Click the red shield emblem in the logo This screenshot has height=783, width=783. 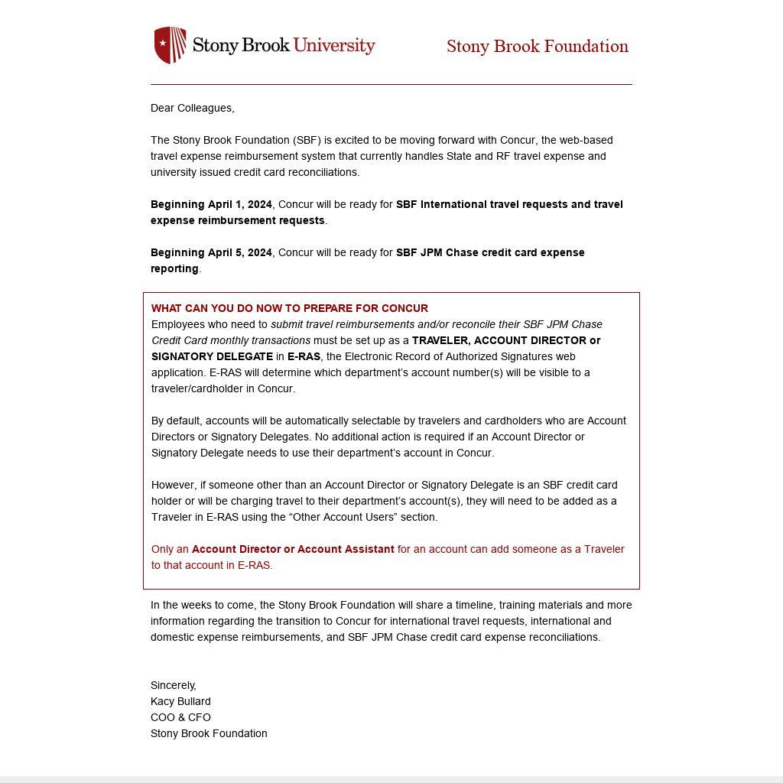point(170,45)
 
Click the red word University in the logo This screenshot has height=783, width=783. point(334,45)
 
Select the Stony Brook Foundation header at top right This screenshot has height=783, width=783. point(538,47)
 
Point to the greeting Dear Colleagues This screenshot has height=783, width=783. point(193,108)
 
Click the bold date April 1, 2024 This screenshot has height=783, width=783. point(240,204)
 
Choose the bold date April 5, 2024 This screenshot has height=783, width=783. point(240,252)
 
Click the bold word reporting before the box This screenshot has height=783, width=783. point(174,268)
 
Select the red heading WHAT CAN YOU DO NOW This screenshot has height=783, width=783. point(289,308)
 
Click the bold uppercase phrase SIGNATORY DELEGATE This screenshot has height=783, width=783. point(212,356)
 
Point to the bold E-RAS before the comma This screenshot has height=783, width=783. point(304,356)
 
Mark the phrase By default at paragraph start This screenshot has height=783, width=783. point(177,421)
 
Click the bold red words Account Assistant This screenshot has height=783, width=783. point(346,549)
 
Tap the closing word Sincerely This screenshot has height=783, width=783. point(174,685)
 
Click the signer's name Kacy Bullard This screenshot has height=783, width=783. point(180,701)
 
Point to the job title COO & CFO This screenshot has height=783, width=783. point(180,717)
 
